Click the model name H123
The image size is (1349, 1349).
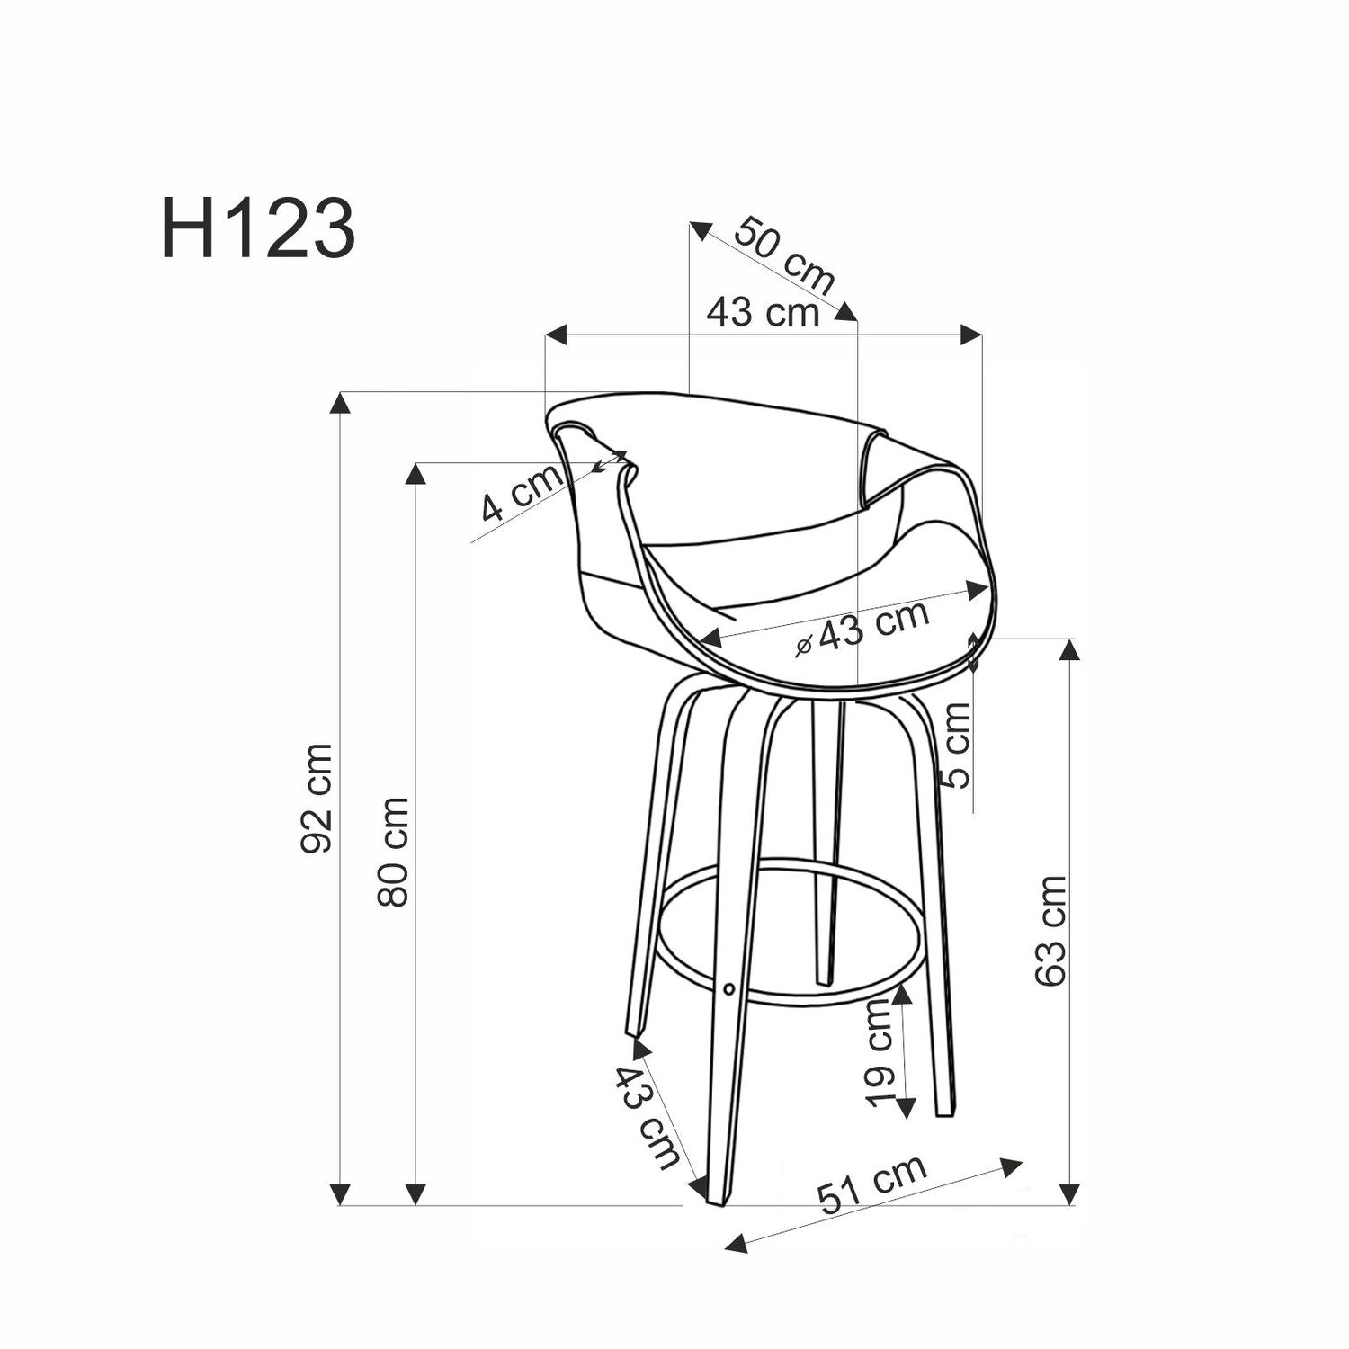tap(258, 230)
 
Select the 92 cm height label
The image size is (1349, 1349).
tap(317, 798)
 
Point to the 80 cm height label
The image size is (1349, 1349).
tap(393, 852)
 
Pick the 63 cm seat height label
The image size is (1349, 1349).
tap(1050, 931)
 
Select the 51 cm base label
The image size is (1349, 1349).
tap(871, 1184)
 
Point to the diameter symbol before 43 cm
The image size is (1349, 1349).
tap(805, 644)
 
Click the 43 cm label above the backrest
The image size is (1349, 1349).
tap(763, 313)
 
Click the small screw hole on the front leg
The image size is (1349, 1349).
tap(728, 988)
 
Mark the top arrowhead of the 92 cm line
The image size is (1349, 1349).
tap(339, 402)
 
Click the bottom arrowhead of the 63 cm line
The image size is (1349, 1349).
tap(1068, 1194)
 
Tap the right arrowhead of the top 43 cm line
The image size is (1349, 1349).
tap(970, 335)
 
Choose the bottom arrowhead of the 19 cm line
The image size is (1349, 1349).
tap(905, 1108)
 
